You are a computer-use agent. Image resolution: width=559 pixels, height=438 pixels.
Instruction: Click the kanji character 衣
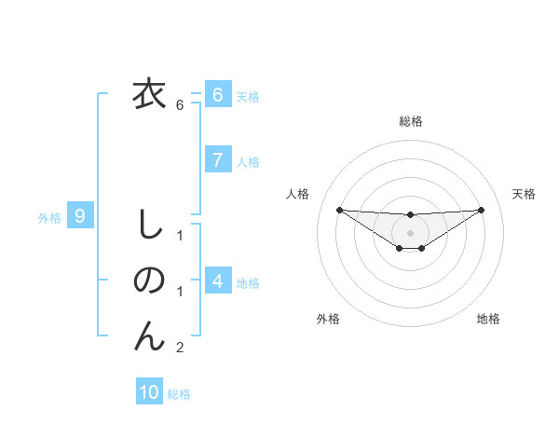tap(148, 94)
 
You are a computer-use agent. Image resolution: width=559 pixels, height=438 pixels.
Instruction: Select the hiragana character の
tap(148, 280)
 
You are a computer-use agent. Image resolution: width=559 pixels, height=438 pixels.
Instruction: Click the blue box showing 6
tap(217, 95)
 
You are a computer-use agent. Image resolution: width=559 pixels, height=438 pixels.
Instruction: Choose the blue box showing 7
tap(217, 159)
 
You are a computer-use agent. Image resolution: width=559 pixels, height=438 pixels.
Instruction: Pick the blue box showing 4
tap(217, 281)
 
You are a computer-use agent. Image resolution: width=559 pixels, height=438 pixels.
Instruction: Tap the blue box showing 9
tap(80, 217)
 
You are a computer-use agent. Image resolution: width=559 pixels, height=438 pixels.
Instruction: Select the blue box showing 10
tap(149, 392)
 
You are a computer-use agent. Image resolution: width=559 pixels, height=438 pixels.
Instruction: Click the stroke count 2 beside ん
tap(180, 348)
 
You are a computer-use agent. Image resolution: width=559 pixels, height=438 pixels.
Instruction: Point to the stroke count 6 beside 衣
tap(180, 105)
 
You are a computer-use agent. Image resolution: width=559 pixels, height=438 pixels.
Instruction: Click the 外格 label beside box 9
tap(49, 218)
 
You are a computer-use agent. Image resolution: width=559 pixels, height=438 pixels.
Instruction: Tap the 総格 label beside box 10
tap(179, 393)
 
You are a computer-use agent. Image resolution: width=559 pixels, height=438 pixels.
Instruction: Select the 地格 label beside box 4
tap(248, 282)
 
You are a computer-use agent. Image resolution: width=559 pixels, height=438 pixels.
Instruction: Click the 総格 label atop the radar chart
tap(410, 121)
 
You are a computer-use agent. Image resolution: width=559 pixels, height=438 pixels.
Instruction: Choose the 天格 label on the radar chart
tap(524, 194)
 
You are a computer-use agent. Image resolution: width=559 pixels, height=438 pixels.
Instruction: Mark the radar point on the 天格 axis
tap(481, 210)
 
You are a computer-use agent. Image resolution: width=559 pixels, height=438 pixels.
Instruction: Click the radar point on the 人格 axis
tap(339, 210)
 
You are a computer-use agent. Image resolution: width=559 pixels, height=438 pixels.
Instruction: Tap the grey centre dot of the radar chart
tap(410, 233)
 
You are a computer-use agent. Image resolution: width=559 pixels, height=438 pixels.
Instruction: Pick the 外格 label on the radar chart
tap(327, 319)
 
